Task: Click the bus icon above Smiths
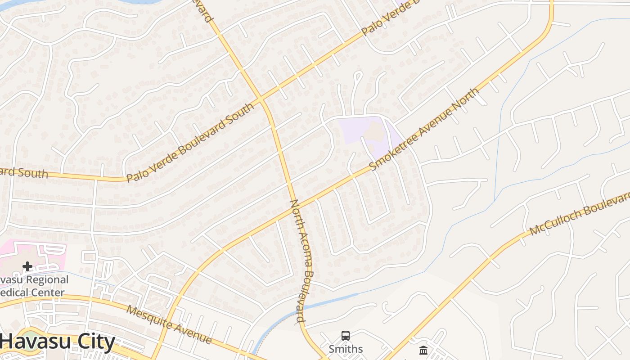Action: click(345, 336)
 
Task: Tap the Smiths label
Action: click(345, 349)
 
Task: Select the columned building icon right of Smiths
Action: click(423, 350)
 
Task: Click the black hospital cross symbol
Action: click(27, 266)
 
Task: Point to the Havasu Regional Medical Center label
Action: click(34, 286)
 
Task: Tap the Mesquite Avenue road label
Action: click(169, 324)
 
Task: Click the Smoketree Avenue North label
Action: click(424, 130)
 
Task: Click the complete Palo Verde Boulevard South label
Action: click(190, 142)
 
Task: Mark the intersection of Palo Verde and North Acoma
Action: click(261, 99)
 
